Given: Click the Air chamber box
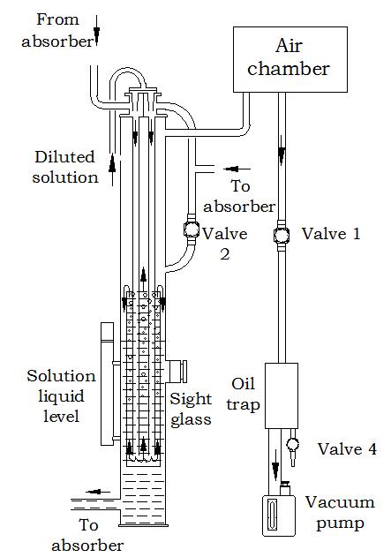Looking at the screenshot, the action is [289, 59].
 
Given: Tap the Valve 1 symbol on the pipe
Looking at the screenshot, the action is [282, 235].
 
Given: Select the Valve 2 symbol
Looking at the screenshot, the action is [192, 230].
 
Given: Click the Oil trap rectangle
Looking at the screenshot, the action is [282, 395].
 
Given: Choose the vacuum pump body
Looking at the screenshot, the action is [279, 516].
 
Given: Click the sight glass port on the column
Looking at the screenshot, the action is [177, 372].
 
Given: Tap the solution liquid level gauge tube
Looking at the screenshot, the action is [108, 384].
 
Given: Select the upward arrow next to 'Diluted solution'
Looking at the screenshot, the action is [112, 169].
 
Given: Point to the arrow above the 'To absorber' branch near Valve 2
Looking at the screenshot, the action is [237, 169].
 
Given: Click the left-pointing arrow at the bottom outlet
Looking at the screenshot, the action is [98, 492].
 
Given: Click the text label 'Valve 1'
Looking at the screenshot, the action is [331, 234].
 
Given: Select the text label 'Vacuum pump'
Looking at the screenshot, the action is [340, 513].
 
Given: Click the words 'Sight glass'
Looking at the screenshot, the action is [191, 410].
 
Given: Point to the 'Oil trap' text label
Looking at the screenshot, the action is [244, 394].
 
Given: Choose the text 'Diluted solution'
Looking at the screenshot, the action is [65, 167].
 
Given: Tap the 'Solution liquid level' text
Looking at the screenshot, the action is [61, 395].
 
